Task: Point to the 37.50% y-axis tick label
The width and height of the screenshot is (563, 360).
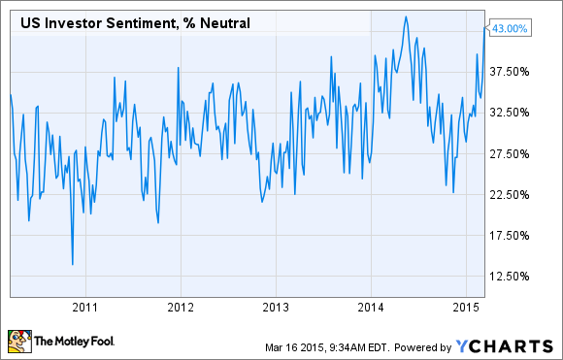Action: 510,72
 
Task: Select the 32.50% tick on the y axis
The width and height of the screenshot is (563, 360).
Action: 510,113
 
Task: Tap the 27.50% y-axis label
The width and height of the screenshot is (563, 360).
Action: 510,154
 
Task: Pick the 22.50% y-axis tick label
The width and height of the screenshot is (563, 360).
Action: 510,195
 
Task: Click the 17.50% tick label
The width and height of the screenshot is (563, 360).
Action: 510,236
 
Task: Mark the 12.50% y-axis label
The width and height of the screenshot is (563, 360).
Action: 510,277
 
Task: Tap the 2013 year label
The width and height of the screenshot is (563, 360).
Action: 275,307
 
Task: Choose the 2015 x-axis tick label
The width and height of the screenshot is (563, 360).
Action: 465,307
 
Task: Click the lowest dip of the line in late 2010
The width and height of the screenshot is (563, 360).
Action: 72,264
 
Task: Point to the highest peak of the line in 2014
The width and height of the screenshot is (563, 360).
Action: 406,16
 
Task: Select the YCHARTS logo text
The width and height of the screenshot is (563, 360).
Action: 509,344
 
